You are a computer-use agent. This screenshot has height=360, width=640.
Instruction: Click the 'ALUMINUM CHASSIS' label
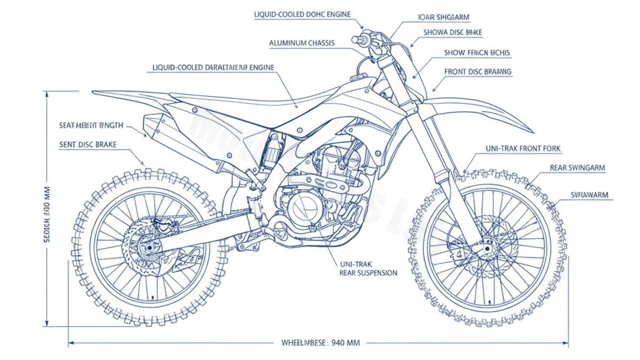click(x=302, y=43)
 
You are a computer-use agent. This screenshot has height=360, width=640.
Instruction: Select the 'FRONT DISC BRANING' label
click(x=477, y=71)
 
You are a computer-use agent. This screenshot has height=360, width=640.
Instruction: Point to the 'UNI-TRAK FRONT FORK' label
click(x=523, y=149)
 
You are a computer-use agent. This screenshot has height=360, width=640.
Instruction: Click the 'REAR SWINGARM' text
click(x=577, y=167)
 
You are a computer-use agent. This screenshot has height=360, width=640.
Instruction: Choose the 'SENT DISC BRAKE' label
click(x=88, y=145)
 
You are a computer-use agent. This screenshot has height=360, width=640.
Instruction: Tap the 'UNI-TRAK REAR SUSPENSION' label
click(x=368, y=268)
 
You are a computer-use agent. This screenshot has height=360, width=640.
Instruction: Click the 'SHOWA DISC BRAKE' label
click(x=452, y=33)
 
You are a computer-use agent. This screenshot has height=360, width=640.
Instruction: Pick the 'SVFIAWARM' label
click(x=589, y=195)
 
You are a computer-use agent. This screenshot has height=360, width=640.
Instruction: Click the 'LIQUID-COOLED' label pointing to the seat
click(x=213, y=68)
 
